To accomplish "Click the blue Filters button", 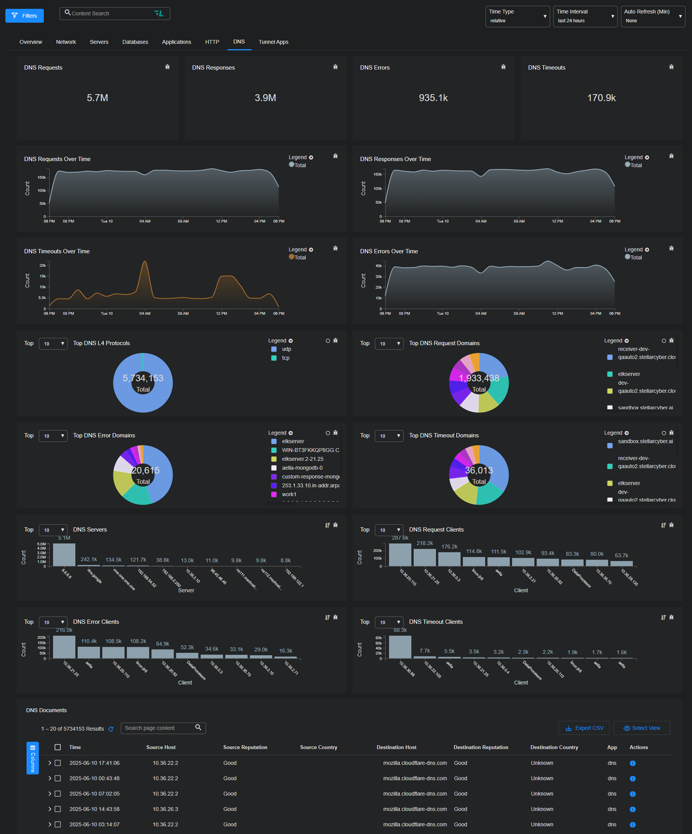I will pos(24,16).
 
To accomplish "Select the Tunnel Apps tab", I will pos(273,42).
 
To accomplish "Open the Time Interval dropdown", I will pos(585,16).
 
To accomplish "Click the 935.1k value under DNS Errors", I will pos(433,98).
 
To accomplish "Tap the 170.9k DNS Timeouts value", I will pos(601,98).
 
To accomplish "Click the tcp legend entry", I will pos(285,358).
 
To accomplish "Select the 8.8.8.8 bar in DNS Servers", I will pos(64,555).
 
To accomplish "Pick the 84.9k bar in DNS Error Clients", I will pos(163,654).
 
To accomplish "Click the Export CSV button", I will pos(585,728).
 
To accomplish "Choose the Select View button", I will pos(642,728).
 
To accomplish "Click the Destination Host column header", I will pos(396,748).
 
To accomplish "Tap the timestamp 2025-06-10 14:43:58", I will pos(95,809).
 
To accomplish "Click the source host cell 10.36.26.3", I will pos(165,809).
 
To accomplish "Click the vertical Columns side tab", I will pos(33,758).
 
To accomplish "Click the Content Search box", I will pos(111,13).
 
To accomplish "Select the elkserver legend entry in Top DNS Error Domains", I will pos(293,442).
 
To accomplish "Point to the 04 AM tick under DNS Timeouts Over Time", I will pos(145,314).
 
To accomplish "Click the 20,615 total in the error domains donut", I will pos(145,470).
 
